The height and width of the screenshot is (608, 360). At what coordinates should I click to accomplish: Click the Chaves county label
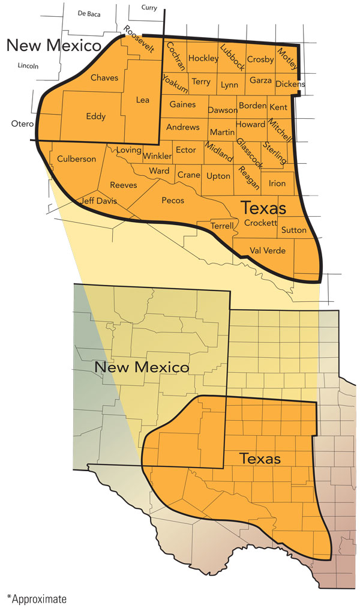104,77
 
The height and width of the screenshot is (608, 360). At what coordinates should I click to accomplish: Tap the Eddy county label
96,116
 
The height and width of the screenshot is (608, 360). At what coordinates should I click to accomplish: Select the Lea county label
143,100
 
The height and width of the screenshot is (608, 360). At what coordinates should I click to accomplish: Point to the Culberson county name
76,159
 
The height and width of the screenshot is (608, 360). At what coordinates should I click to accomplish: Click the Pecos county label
173,200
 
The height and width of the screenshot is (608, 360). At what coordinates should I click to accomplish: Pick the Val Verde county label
268,250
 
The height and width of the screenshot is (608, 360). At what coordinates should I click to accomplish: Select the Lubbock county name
232,58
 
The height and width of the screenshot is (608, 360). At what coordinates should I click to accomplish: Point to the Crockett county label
260,223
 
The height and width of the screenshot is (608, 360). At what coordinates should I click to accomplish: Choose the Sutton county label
293,230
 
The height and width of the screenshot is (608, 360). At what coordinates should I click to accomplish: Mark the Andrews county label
182,127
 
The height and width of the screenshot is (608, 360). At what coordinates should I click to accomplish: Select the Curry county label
148,7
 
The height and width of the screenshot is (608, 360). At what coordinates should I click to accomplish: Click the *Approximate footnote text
37,598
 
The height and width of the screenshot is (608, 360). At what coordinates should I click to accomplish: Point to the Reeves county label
123,185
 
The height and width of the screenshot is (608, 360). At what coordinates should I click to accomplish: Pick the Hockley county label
203,58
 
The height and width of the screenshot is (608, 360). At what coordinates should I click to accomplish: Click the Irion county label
277,184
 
